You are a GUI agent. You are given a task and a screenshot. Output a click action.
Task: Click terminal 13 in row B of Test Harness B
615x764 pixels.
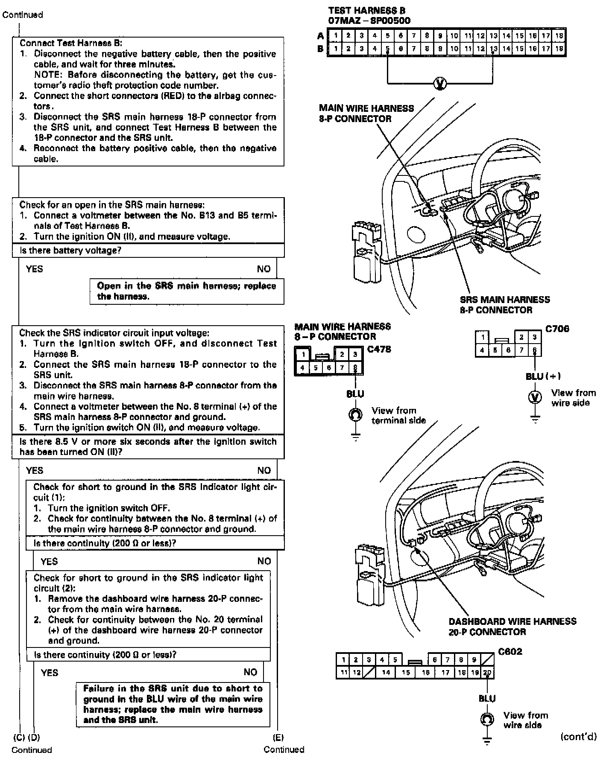(x=493, y=49)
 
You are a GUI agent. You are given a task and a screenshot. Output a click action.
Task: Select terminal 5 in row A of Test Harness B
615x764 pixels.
(x=387, y=36)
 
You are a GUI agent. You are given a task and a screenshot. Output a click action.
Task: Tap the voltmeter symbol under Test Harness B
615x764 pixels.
(x=440, y=84)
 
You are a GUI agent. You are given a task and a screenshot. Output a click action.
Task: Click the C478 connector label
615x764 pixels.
(x=379, y=350)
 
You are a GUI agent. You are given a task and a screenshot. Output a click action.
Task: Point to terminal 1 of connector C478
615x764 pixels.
(x=303, y=354)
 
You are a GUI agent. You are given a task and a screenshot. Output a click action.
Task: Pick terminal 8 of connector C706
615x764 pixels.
(x=535, y=350)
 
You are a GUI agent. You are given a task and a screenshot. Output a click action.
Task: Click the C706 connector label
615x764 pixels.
(x=557, y=329)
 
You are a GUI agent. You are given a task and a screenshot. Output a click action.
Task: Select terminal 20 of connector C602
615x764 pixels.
(x=487, y=673)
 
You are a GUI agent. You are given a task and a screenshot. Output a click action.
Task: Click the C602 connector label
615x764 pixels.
(x=510, y=652)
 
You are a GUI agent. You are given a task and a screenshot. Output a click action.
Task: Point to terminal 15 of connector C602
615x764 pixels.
(x=406, y=673)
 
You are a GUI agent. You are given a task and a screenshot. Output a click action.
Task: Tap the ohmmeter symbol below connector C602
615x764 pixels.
(x=486, y=719)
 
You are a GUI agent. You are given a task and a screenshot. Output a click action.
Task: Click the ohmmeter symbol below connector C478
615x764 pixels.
(x=355, y=414)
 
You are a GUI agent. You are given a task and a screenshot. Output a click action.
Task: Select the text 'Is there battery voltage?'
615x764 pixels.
(x=70, y=251)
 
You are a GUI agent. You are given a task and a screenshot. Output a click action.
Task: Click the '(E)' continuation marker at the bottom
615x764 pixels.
(x=278, y=737)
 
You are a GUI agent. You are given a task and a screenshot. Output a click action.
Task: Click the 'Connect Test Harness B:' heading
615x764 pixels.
(x=71, y=43)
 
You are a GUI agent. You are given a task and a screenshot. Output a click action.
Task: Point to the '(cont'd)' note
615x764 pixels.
(x=578, y=736)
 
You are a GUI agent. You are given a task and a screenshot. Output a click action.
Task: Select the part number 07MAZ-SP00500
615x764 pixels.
(x=369, y=20)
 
